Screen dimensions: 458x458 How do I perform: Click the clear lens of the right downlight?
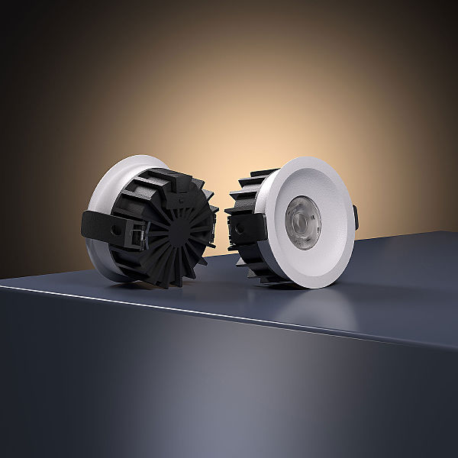point(302,221)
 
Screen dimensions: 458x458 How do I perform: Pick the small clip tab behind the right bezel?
point(355,216)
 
